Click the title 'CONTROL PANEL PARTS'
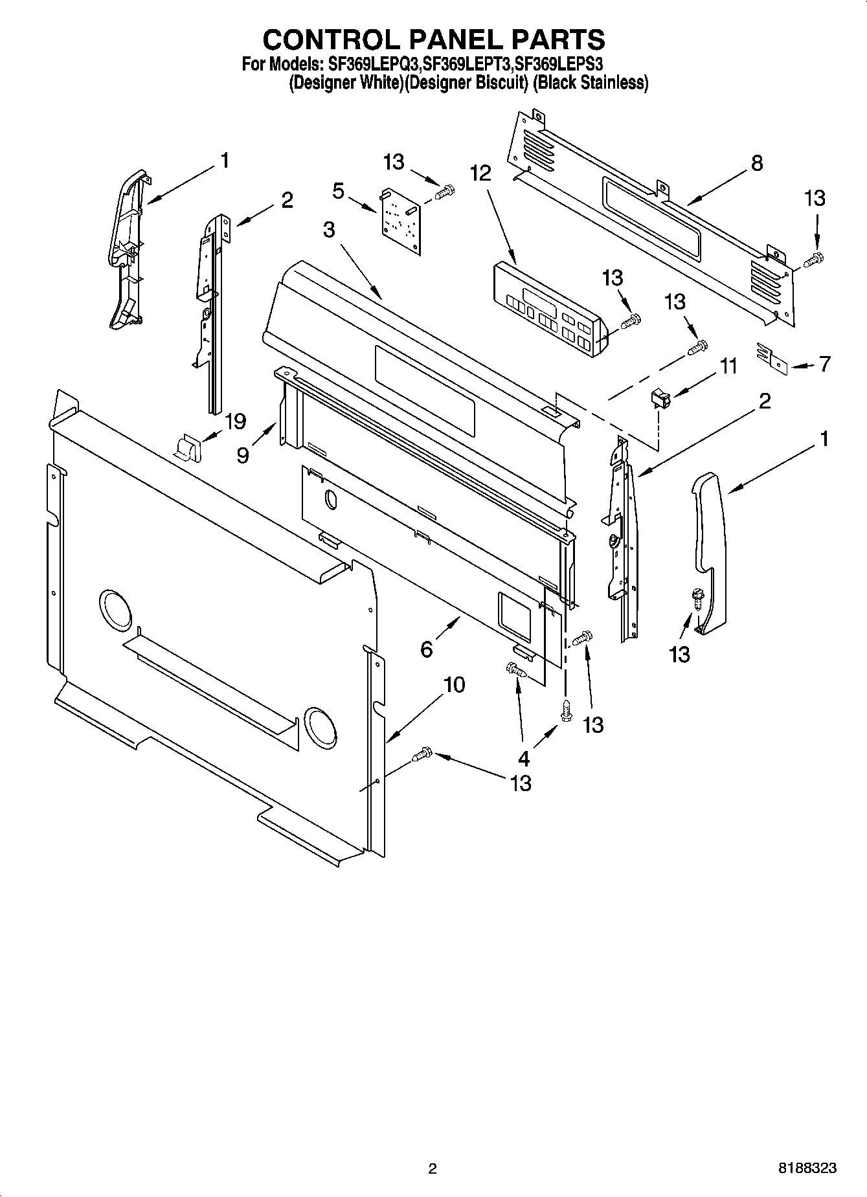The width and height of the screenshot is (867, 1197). pyautogui.click(x=433, y=39)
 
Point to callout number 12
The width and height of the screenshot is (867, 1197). pyautogui.click(x=480, y=173)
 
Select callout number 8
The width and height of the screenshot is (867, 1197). pyautogui.click(x=757, y=163)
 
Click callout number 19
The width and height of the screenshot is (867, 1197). pyautogui.click(x=234, y=422)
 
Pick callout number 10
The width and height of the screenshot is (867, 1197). pyautogui.click(x=455, y=684)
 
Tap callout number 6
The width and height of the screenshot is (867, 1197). pyautogui.click(x=426, y=648)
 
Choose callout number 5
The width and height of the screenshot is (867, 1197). pyautogui.click(x=338, y=191)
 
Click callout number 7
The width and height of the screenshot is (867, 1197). pyautogui.click(x=824, y=364)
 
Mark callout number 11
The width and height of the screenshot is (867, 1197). pyautogui.click(x=728, y=366)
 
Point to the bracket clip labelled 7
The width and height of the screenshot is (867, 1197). pyautogui.click(x=771, y=358)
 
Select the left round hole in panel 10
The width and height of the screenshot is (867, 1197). pyautogui.click(x=115, y=609)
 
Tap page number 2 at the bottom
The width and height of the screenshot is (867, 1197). pyautogui.click(x=433, y=1169)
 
